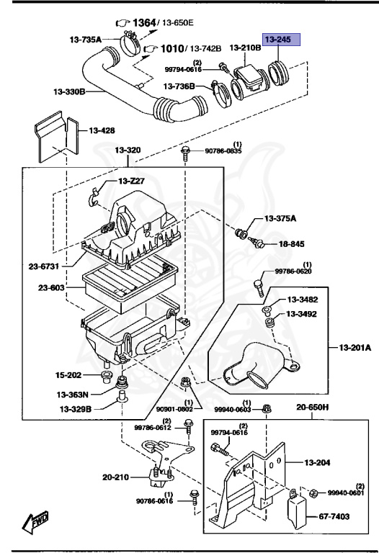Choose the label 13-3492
pos(303,314)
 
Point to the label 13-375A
pos(285,218)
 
